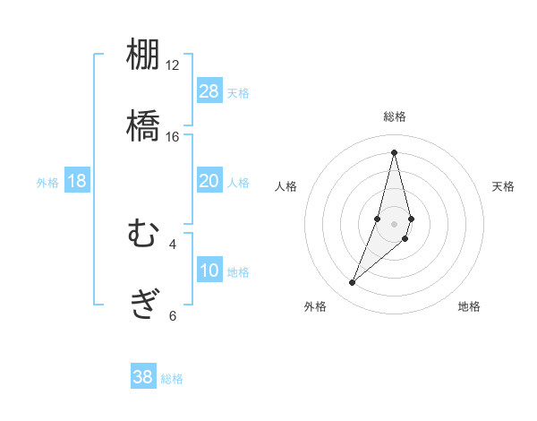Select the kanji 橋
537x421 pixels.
(143, 125)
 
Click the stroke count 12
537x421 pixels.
(172, 64)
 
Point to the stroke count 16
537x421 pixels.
(172, 136)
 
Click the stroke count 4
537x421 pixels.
(173, 244)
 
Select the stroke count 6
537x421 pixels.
(173, 315)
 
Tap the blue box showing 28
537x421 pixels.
(209, 91)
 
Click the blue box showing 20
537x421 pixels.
(209, 181)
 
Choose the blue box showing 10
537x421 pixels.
(209, 271)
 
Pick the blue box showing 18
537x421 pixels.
(77, 181)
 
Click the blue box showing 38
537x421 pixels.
(143, 377)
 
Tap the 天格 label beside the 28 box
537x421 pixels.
(238, 92)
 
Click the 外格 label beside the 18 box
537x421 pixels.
(47, 182)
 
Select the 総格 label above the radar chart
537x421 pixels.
(395, 116)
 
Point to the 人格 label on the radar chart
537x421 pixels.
(286, 186)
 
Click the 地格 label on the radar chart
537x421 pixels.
(469, 307)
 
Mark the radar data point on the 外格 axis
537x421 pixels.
(353, 283)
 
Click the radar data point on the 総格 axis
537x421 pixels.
(395, 152)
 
